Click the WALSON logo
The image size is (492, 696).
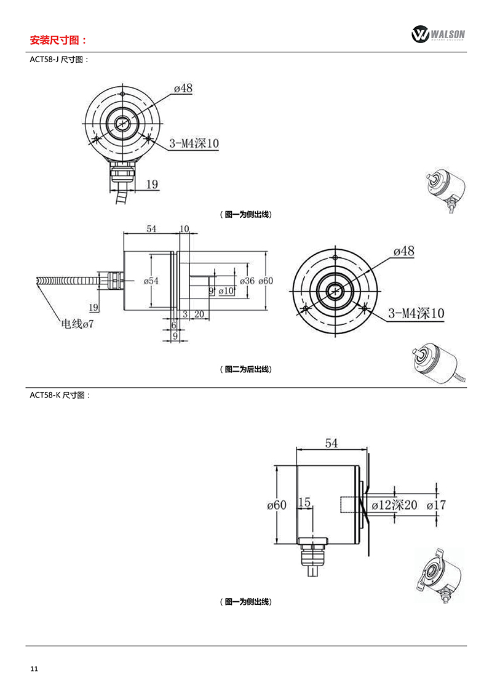tap(438, 34)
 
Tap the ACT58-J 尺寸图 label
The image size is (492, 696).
tap(60, 60)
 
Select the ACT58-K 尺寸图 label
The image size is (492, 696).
tap(60, 395)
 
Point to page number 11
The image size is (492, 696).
tap(34, 669)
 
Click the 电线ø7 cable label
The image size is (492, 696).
tap(77, 324)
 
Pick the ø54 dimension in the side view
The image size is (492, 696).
tap(151, 281)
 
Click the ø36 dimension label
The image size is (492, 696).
tap(248, 281)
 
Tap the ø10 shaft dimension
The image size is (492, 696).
tap(226, 291)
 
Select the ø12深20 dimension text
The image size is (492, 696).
tap(394, 505)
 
